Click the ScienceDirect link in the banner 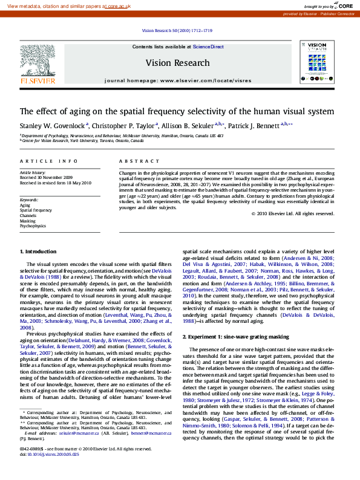(x=208, y=47)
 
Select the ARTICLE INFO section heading (x=49, y=161)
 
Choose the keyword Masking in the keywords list (x=28, y=221)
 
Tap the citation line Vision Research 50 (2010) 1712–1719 (x=177, y=30)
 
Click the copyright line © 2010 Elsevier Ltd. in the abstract (x=293, y=213)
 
